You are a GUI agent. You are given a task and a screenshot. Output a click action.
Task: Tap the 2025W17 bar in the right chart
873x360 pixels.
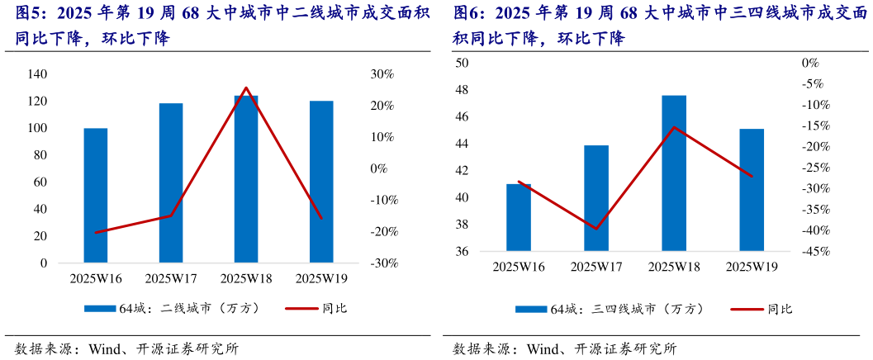point(596,198)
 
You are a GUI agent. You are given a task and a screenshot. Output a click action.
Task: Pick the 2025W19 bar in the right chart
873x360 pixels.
point(751,190)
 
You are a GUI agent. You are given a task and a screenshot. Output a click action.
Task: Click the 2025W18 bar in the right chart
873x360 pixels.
point(674,173)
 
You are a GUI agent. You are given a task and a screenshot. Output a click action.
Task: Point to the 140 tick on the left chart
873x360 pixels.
point(37,74)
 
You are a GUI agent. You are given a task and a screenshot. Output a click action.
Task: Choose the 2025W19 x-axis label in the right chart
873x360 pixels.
point(751,266)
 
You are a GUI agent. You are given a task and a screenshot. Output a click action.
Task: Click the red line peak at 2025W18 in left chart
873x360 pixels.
point(246,88)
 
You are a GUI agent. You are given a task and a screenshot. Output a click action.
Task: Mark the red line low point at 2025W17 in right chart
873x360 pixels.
point(596,229)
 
